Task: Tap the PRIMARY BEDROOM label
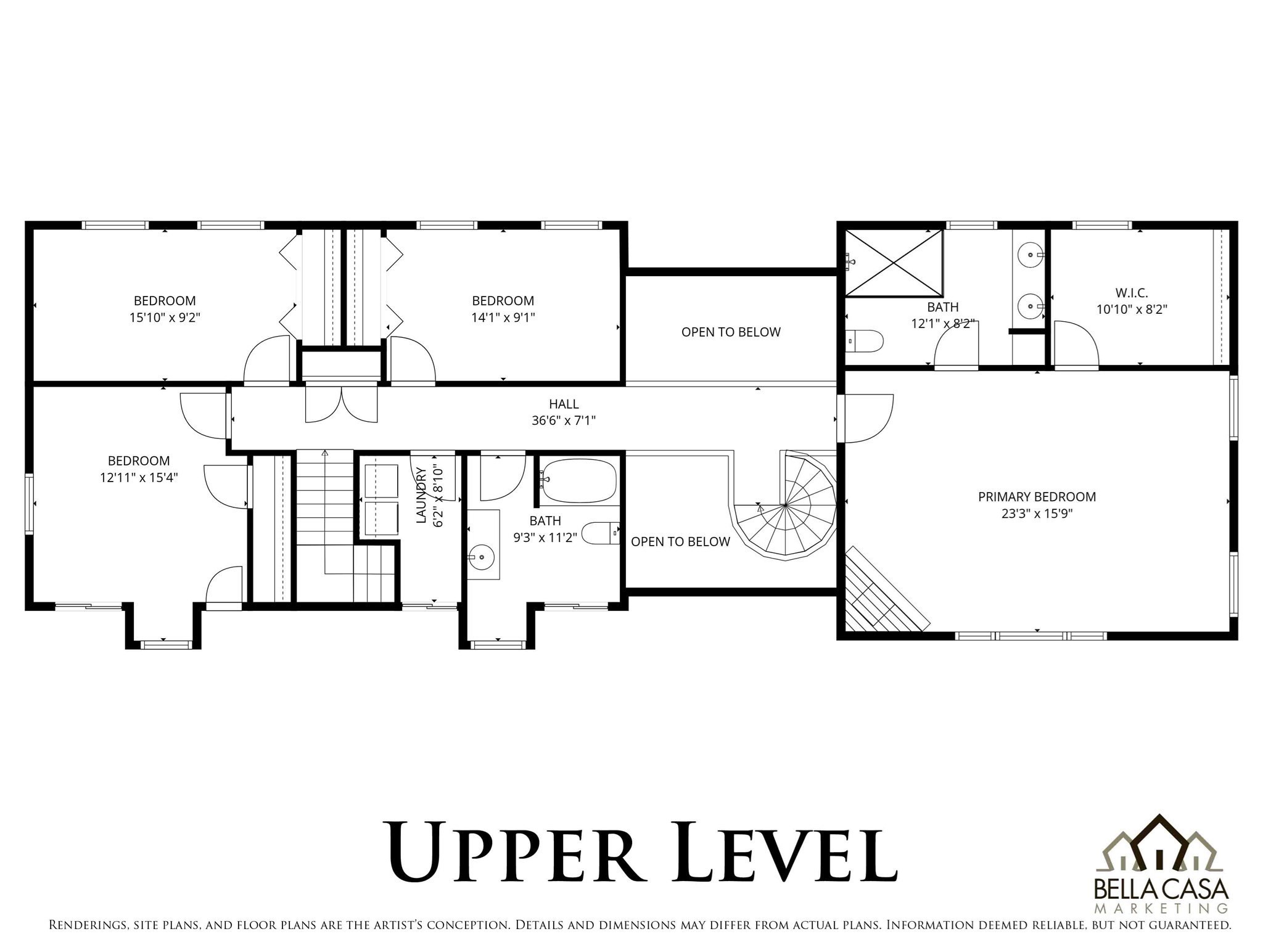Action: click(1037, 496)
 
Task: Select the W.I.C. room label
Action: click(1131, 293)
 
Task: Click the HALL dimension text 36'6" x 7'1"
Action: click(563, 420)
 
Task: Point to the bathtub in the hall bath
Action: click(578, 480)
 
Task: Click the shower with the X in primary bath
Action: click(893, 263)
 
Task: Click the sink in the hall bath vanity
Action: click(482, 557)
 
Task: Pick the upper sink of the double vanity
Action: click(1029, 254)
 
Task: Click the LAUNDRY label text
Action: click(422, 495)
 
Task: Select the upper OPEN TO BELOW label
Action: click(730, 332)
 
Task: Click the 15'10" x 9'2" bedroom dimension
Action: click(165, 318)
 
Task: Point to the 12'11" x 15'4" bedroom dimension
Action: click(139, 477)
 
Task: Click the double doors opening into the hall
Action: click(341, 402)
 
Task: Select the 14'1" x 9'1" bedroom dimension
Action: click(503, 318)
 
